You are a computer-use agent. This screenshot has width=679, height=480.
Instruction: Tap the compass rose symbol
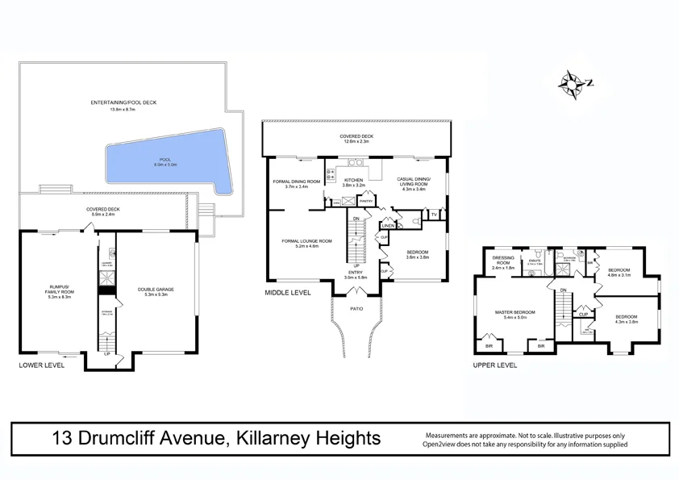click(574, 81)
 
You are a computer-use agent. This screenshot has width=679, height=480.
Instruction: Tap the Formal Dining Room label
click(297, 182)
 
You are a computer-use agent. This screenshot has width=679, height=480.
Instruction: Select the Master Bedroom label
click(514, 311)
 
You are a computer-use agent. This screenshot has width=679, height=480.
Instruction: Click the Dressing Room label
click(503, 261)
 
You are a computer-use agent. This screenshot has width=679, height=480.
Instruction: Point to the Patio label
click(356, 307)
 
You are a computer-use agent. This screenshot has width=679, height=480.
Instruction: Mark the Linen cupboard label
click(388, 226)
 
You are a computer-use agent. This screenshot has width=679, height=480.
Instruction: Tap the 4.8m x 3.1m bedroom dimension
click(619, 275)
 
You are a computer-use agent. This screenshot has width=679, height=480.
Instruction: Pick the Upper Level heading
click(496, 365)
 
